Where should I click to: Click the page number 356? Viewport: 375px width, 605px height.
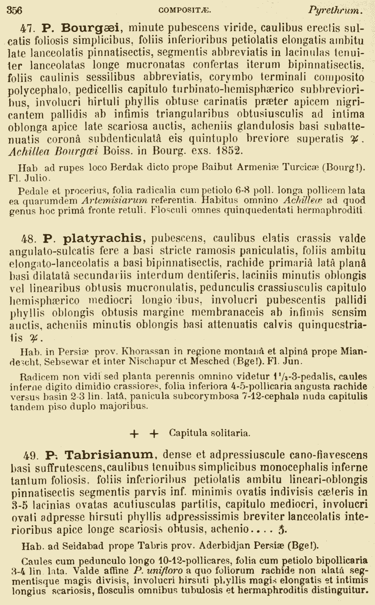[x=15, y=10]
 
